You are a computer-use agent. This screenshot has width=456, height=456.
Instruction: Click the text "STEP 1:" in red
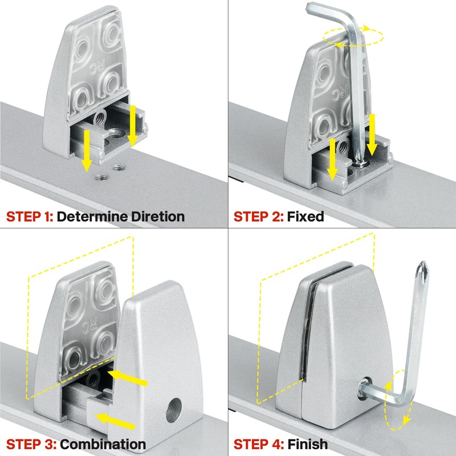(x=30, y=217)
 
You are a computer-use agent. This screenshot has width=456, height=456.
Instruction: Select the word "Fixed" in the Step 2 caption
(x=305, y=217)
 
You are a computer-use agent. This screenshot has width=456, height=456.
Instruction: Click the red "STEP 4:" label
(x=258, y=444)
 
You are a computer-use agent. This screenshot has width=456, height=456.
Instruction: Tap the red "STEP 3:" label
(x=30, y=444)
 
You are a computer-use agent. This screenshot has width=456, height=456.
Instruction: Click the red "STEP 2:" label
(x=258, y=217)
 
